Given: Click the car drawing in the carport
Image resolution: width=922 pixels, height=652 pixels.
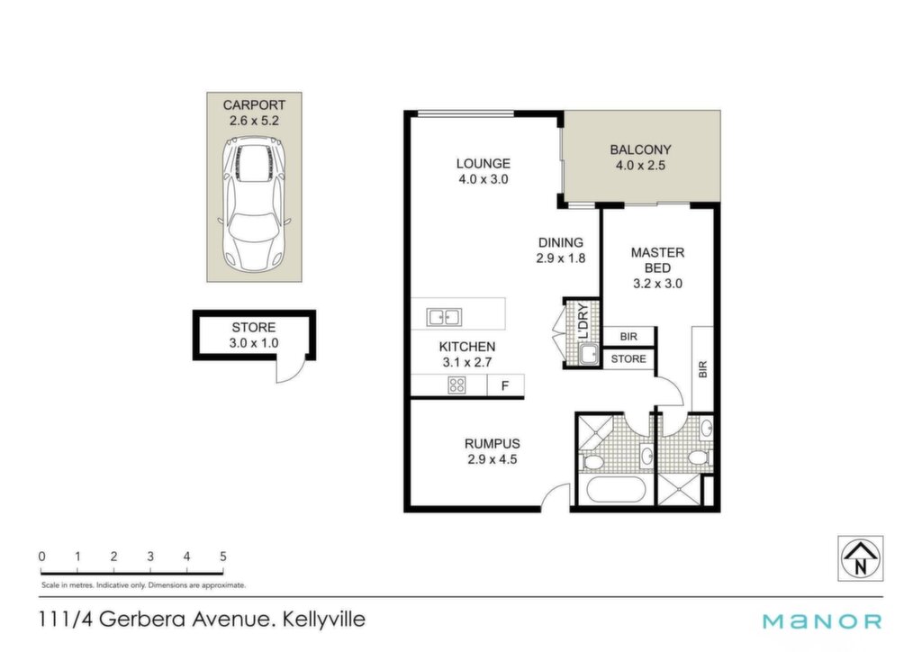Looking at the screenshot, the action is click(254, 204).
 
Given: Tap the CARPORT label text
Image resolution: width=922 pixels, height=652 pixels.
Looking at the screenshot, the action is click(254, 105).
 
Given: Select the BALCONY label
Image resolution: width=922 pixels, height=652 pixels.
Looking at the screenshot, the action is click(640, 149).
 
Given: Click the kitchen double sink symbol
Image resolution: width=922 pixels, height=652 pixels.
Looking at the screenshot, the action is click(444, 318).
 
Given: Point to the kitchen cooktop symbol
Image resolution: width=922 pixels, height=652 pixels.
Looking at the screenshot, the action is click(456, 385).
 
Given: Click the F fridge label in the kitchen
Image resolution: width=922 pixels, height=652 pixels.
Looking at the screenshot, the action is click(504, 386).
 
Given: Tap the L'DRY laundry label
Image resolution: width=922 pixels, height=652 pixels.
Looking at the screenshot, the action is click(583, 321).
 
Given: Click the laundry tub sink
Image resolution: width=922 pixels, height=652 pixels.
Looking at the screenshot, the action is click(588, 355).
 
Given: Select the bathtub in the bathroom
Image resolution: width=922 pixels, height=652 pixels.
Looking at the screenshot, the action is click(616, 489).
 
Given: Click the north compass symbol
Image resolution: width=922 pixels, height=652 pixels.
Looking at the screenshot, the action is click(860, 558).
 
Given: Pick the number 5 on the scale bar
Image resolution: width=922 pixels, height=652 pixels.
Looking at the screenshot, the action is click(223, 557).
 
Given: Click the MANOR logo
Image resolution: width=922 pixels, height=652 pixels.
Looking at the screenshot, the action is click(822, 621).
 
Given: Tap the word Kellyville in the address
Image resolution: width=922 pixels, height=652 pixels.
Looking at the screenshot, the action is click(324, 619).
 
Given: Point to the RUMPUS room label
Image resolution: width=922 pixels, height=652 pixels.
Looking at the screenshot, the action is click(493, 444).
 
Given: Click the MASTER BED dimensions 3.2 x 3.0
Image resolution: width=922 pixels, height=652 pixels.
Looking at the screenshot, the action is click(657, 284).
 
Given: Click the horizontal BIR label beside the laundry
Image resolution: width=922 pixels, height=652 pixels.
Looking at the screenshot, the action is click(628, 337).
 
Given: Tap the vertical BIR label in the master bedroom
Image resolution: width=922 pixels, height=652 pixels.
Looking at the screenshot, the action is click(702, 369).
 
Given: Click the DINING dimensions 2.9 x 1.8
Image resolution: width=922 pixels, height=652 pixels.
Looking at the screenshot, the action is click(561, 258).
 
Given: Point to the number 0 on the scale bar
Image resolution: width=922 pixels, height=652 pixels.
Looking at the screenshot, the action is click(41, 557).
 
